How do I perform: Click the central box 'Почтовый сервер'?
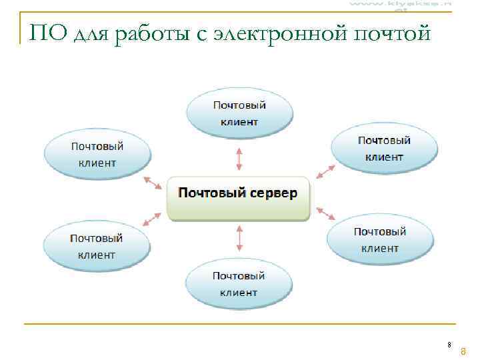tap(238, 198)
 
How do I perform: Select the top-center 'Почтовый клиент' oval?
tap(239, 113)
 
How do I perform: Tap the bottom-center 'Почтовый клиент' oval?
tap(239, 284)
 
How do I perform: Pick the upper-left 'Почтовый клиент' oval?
tap(97, 155)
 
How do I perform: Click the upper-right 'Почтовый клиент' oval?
tap(384, 149)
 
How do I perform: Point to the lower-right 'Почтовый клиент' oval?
tap(380, 240)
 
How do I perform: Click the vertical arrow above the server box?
tap(239, 159)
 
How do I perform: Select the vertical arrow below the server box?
tap(239, 238)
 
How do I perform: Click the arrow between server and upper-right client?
tap(325, 170)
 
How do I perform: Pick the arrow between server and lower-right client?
tap(325, 213)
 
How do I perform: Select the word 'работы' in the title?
tap(149, 34)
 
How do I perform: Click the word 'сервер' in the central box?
tap(273, 193)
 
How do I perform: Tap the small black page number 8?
tap(449, 345)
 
